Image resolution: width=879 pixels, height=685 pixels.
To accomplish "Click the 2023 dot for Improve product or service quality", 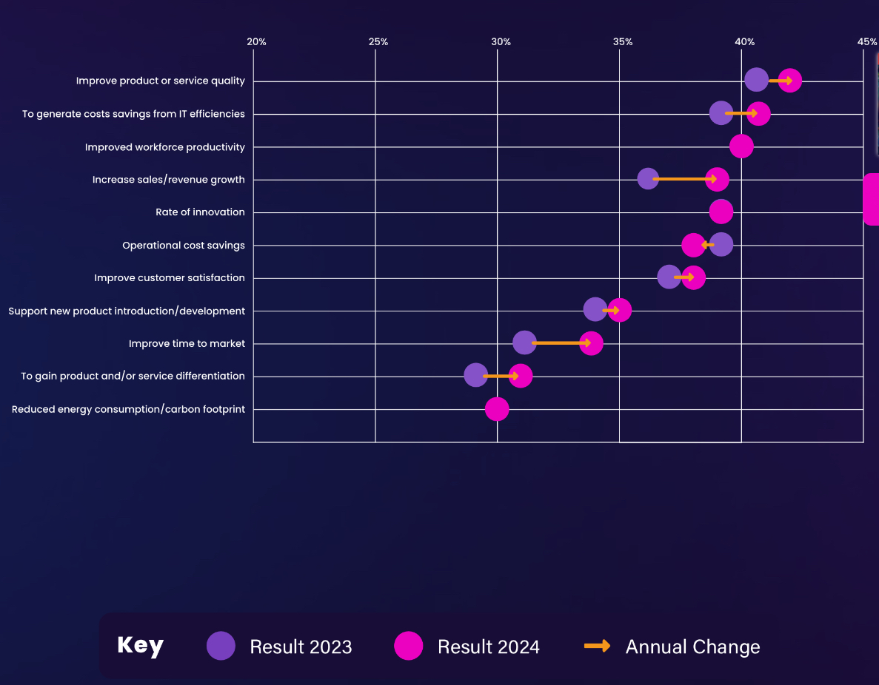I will click(x=755, y=80).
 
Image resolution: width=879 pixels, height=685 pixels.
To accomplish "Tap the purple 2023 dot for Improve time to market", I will click(x=524, y=343).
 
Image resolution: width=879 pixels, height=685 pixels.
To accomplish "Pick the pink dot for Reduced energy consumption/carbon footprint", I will click(x=497, y=409).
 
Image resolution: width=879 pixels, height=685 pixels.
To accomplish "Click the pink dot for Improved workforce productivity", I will click(x=741, y=146).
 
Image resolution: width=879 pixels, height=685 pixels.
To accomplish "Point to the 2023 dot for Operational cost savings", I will click(x=721, y=245).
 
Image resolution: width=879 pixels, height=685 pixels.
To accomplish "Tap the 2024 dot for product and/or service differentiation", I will click(x=521, y=376).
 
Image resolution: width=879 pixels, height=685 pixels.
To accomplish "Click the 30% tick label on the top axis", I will click(x=501, y=41).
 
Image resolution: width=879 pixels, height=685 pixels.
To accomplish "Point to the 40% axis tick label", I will click(x=744, y=41).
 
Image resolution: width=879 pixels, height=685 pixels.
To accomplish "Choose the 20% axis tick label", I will click(x=256, y=41).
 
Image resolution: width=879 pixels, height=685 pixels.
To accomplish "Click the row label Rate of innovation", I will click(x=200, y=212).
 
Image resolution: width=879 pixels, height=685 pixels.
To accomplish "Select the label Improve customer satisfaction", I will click(x=170, y=278).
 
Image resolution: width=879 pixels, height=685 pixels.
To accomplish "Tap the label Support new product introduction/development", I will click(x=127, y=311).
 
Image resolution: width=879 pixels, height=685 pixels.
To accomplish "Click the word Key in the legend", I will click(x=140, y=646).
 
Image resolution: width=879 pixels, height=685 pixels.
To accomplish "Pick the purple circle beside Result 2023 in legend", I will click(x=221, y=646).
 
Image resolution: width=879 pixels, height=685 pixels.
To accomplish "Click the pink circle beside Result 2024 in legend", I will click(x=409, y=646).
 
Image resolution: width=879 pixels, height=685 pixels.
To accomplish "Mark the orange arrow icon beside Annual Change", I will click(x=597, y=646).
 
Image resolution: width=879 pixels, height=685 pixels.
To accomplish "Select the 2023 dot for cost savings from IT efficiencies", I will click(x=721, y=114).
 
